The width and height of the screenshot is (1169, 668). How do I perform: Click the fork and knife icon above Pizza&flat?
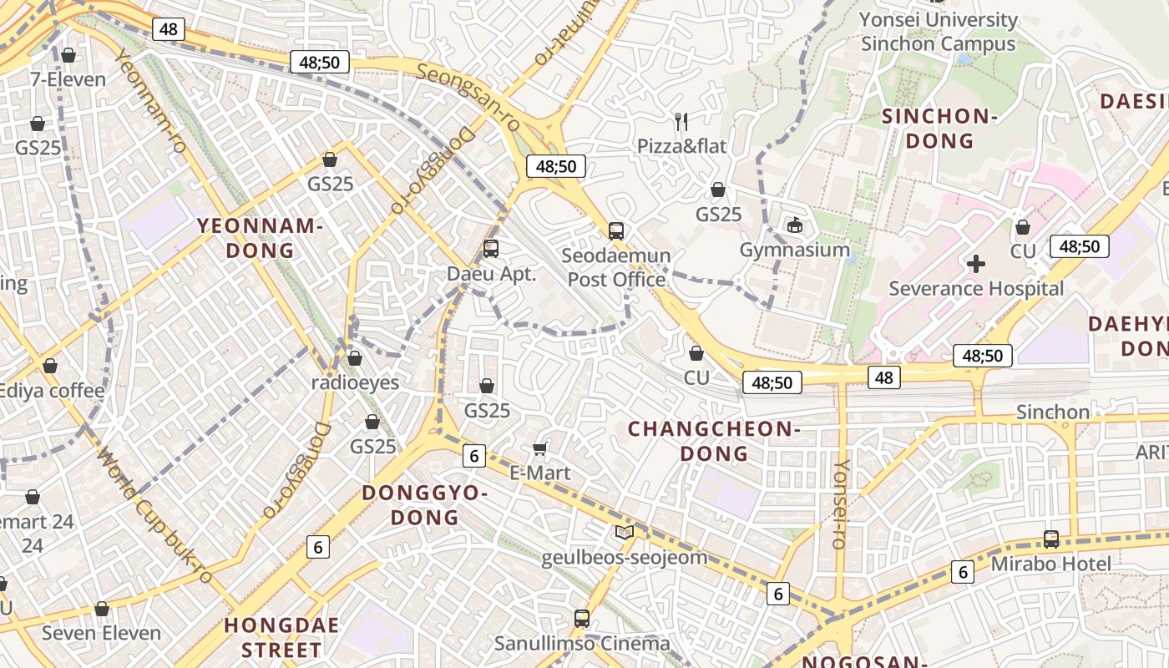coord(681,121)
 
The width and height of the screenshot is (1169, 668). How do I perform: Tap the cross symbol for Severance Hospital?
coord(975,265)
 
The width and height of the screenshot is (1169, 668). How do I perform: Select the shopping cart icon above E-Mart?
coord(540,448)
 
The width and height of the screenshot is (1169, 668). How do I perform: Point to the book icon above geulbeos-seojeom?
coord(624,532)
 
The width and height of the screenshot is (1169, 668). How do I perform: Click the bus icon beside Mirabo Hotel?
coord(1050,539)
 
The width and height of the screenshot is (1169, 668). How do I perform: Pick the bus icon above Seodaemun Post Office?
coord(616,231)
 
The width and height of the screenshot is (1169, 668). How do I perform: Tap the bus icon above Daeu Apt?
coord(491,249)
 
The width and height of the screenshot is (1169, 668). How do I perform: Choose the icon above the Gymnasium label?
coord(794,225)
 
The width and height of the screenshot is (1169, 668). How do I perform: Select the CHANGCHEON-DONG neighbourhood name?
coord(714,441)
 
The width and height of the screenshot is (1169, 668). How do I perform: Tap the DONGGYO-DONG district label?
coord(425,505)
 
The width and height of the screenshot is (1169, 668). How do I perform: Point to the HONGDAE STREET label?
coord(282,637)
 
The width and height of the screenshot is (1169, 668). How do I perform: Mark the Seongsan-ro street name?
coord(467,97)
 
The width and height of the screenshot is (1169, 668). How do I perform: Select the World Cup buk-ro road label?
coord(154,515)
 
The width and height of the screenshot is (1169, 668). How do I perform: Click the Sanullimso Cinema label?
coord(582,644)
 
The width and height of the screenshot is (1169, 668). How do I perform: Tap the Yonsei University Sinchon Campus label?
coord(939,32)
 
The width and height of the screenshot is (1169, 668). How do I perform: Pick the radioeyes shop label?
coord(355,382)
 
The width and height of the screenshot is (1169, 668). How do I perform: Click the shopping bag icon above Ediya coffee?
coord(50,366)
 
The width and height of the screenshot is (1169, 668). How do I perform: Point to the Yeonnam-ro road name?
coord(151,100)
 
